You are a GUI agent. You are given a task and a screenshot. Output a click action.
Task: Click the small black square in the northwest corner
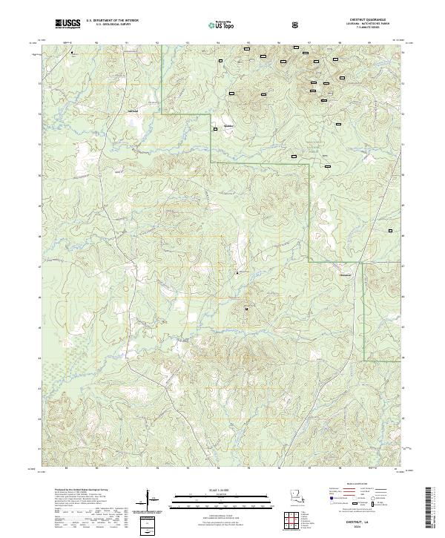point(73,53)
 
